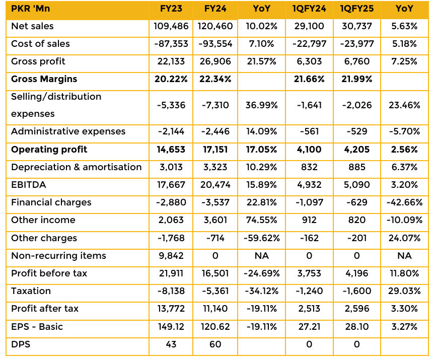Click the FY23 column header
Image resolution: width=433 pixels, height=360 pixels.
(x=171, y=9)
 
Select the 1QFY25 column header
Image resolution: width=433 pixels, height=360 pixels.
(x=356, y=9)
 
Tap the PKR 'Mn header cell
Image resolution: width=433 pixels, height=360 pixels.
(x=31, y=9)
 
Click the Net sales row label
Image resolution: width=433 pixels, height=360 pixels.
(x=32, y=26)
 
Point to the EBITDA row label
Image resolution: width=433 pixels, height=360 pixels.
(x=29, y=185)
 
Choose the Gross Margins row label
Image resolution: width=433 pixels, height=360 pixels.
(x=44, y=79)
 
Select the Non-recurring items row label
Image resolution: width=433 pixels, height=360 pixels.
(x=58, y=256)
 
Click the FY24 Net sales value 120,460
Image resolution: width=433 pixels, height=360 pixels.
(x=215, y=26)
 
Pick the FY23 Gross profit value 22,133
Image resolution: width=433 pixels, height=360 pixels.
(x=171, y=61)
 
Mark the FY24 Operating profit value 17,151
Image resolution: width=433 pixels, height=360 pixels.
(x=215, y=150)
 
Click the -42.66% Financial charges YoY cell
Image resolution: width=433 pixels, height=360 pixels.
(x=404, y=202)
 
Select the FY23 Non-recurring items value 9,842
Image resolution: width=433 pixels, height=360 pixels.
(x=171, y=256)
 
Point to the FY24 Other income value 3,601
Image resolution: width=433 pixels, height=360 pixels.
(x=215, y=220)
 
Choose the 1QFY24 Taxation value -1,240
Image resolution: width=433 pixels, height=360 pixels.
(x=309, y=291)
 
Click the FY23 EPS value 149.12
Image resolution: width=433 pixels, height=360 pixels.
(x=171, y=327)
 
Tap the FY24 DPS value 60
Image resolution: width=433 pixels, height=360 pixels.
(x=215, y=344)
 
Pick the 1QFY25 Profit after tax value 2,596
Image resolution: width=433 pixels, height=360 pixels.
(x=356, y=309)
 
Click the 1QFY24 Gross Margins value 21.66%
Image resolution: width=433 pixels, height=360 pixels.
(x=309, y=79)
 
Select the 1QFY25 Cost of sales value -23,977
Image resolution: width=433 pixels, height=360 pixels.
(x=356, y=44)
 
